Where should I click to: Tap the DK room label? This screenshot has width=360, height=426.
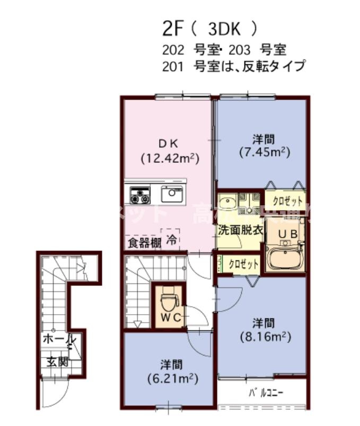[x=169, y=143]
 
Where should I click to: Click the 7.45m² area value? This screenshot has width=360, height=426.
[x=263, y=153]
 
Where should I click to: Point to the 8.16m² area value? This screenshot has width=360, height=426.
[x=263, y=336]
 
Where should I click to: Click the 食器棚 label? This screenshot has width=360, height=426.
[x=144, y=244]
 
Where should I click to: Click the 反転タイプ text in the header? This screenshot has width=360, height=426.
[x=278, y=66]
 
